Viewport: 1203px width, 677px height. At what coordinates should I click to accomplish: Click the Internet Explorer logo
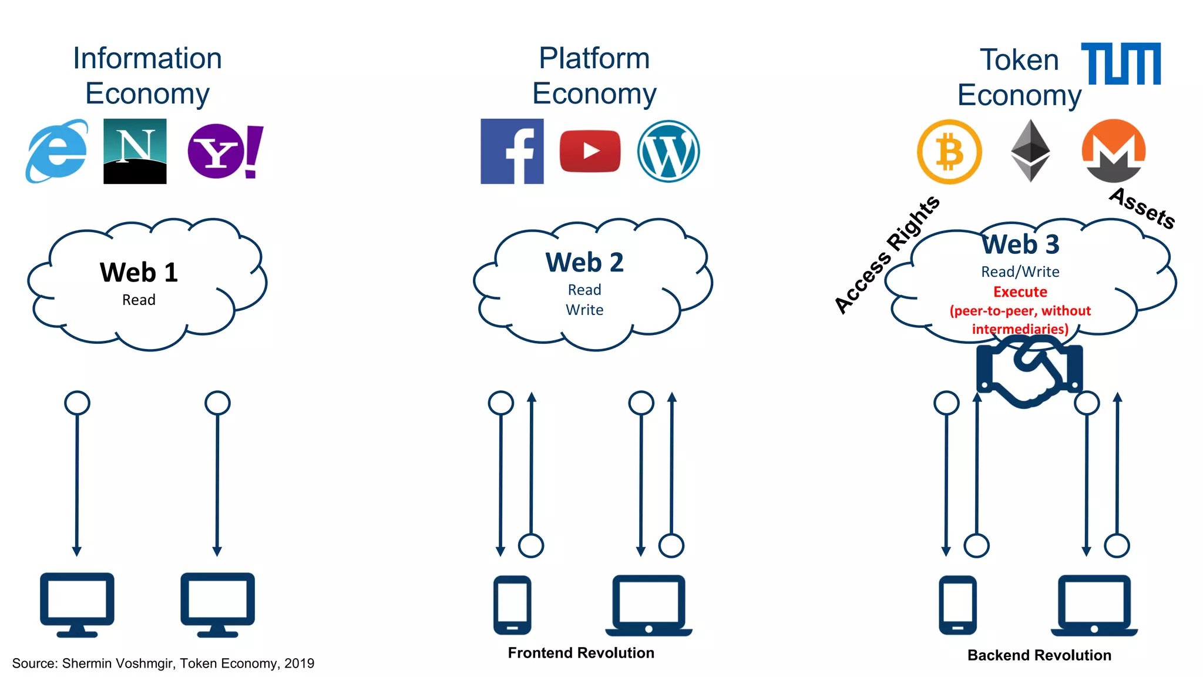[x=57, y=152]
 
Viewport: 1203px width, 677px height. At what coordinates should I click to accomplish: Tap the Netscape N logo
[x=135, y=151]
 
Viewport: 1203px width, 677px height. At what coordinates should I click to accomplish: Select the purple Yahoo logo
[x=224, y=151]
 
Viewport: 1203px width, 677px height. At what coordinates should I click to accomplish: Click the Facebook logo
[x=512, y=151]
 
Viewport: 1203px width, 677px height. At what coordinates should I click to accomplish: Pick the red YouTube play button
[x=590, y=151]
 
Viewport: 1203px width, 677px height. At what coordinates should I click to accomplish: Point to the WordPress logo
[x=668, y=151]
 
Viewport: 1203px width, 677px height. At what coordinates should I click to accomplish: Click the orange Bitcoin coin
[x=949, y=152]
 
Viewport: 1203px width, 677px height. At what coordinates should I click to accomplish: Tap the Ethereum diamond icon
[x=1030, y=151]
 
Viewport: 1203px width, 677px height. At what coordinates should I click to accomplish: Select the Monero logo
[x=1113, y=151]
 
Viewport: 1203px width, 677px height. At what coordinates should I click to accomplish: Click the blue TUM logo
[x=1121, y=63]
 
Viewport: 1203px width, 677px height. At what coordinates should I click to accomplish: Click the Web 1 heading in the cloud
[x=139, y=273]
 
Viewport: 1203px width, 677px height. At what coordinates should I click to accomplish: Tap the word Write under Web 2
[x=584, y=310]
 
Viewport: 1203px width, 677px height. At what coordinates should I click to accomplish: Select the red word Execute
[x=1020, y=291]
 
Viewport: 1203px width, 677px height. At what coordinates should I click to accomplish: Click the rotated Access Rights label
[x=887, y=254]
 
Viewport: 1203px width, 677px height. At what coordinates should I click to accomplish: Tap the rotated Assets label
[x=1142, y=208]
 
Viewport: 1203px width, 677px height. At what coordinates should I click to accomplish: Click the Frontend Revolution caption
[x=580, y=653]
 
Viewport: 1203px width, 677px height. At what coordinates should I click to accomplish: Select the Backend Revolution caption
[x=1039, y=655]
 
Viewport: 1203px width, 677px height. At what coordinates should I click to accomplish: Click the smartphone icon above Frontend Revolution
[x=512, y=605]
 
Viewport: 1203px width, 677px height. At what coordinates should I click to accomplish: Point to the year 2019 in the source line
[x=299, y=663]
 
